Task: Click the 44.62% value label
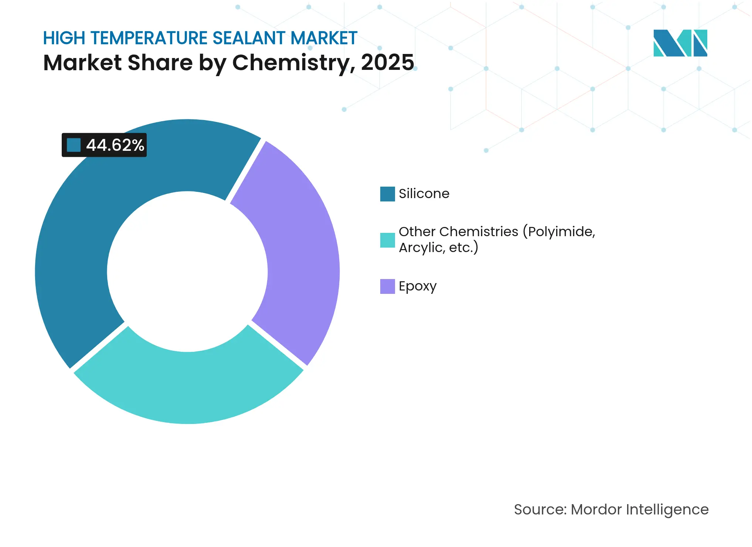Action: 115,145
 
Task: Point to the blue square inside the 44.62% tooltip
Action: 74,145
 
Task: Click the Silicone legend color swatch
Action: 387,194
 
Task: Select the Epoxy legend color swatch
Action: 387,286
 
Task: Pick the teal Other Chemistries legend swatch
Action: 387,240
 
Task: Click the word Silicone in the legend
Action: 424,194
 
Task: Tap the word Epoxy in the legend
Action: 418,286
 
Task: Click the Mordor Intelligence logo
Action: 680,43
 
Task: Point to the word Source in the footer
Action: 540,510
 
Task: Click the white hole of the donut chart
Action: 187,272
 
